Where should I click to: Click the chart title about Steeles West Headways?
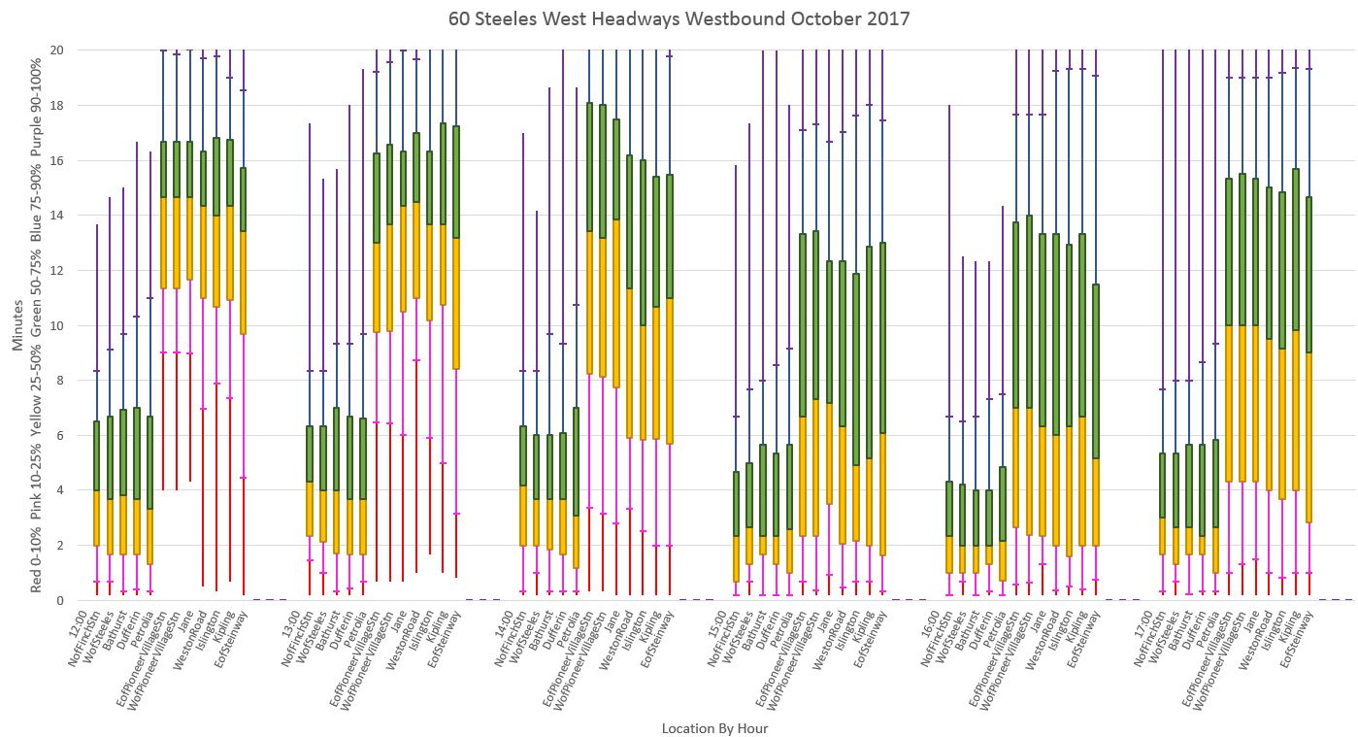(679, 18)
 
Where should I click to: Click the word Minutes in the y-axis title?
(17, 325)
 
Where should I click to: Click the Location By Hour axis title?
(714, 728)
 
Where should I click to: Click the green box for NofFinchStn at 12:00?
(96, 455)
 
